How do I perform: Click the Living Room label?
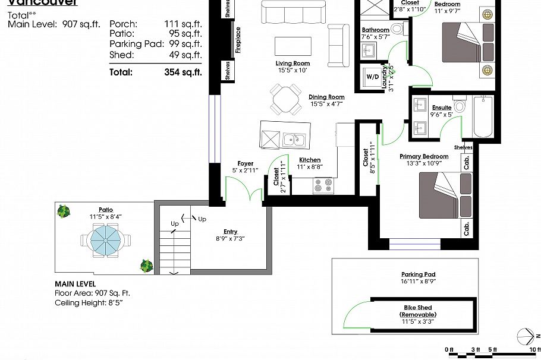tap(292, 64)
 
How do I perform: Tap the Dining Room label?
tap(326, 97)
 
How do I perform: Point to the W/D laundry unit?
tap(372, 77)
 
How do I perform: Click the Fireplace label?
tap(238, 40)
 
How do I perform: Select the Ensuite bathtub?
tap(483, 116)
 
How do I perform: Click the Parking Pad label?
tap(419, 274)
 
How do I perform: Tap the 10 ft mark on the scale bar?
tap(534, 349)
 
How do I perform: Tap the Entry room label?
tap(230, 232)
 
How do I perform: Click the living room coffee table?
tap(292, 46)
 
